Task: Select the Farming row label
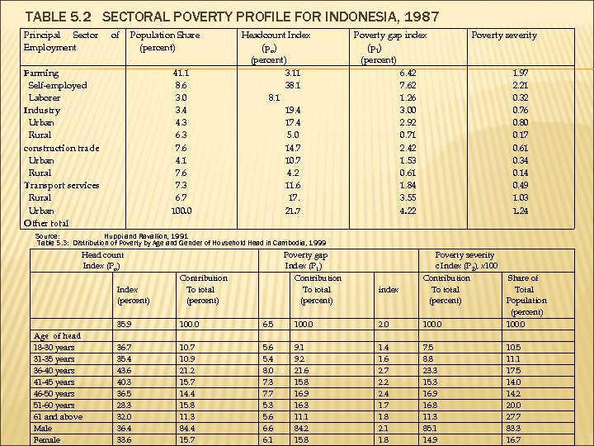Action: point(41,74)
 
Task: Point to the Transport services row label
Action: point(62,186)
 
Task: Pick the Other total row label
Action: point(46,223)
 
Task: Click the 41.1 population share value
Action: point(182,74)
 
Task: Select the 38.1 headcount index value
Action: point(292,86)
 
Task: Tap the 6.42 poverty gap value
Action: point(408,74)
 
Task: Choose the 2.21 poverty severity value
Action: point(520,86)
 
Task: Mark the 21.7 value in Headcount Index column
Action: point(292,211)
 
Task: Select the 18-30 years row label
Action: point(54,348)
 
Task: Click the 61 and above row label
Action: point(57,417)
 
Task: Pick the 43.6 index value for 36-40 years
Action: point(125,371)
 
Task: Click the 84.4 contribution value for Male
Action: point(187,429)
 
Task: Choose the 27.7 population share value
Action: point(514,417)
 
